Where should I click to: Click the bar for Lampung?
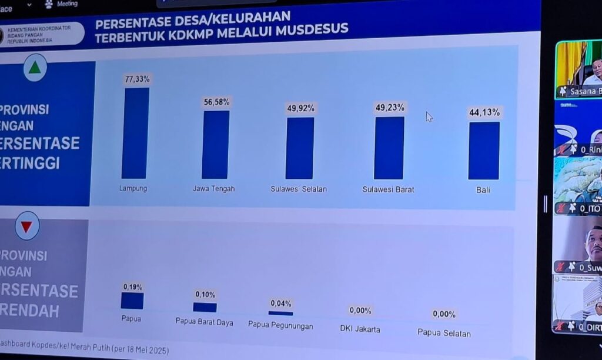[x=135, y=134]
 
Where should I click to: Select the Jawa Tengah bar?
[x=215, y=145]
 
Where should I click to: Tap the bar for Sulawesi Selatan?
[x=300, y=148]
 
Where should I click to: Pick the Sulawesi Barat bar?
[x=389, y=148]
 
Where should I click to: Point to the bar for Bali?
[x=484, y=151]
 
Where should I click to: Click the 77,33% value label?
[x=137, y=79]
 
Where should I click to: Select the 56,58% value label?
[x=217, y=102]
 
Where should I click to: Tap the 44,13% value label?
[x=484, y=112]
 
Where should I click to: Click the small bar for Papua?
[x=132, y=301]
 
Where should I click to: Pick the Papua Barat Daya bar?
[x=205, y=307]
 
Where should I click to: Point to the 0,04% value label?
[x=281, y=304]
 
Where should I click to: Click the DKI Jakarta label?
[x=360, y=329]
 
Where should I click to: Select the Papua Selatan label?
[x=444, y=333]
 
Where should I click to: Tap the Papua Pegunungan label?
[x=280, y=325]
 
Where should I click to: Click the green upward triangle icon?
[x=35, y=68]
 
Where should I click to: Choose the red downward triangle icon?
[x=27, y=226]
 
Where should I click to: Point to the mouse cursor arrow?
[x=429, y=116]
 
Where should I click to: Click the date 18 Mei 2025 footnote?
[x=140, y=351]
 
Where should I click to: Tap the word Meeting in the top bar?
[x=67, y=4]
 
